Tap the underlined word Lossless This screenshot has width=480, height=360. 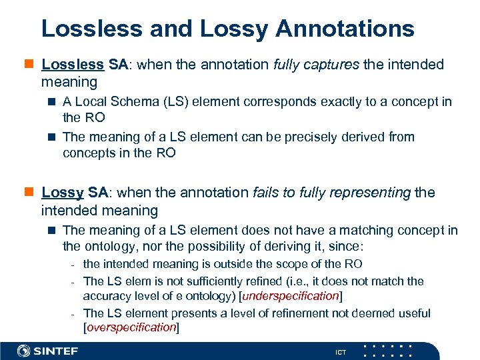click(72, 65)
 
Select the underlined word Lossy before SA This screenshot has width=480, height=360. click(62, 193)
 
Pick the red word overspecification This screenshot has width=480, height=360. click(131, 327)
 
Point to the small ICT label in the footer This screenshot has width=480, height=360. click(341, 352)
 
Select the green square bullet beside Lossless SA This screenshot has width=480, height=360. click(29, 65)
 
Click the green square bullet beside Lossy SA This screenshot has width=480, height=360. click(29, 193)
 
